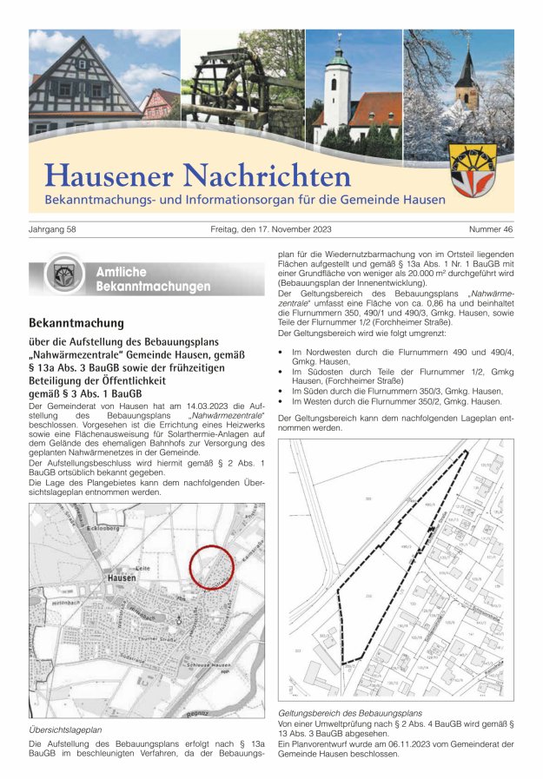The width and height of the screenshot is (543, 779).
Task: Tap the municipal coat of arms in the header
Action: (x=473, y=169)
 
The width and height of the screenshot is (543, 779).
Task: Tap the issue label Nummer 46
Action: (x=491, y=229)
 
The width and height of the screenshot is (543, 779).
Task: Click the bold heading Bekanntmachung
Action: (x=76, y=323)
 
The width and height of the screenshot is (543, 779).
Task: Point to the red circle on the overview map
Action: (x=211, y=567)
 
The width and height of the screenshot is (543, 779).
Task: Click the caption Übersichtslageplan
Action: (x=65, y=730)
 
